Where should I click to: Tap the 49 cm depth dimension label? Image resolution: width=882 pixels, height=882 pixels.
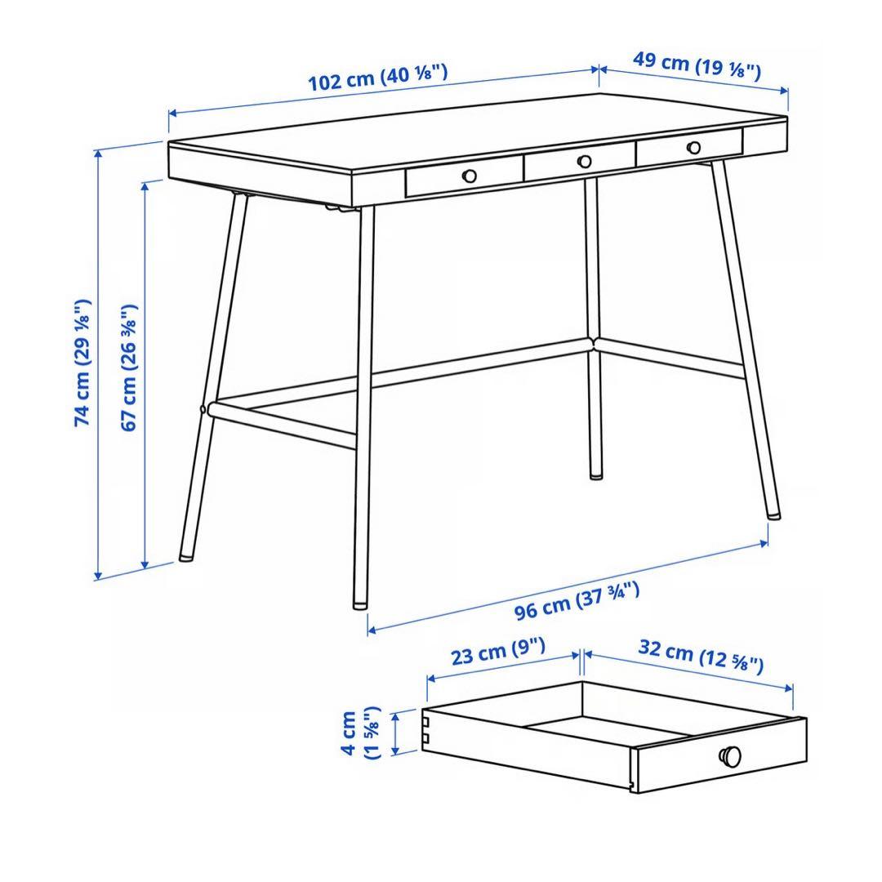[697, 66]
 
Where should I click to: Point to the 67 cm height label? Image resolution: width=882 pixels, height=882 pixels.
[128, 367]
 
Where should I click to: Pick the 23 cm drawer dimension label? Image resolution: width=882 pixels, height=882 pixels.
[497, 653]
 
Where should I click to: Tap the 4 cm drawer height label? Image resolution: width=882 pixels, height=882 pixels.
[359, 733]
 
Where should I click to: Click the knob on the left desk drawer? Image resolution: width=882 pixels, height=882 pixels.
[470, 176]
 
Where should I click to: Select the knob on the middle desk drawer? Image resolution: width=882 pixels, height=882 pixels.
[584, 162]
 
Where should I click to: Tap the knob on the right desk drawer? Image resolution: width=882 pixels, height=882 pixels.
[693, 148]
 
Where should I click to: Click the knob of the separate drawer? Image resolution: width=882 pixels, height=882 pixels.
[730, 757]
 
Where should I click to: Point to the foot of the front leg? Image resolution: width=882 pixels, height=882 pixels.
[359, 605]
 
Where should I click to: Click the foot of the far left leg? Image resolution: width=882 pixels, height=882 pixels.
[186, 557]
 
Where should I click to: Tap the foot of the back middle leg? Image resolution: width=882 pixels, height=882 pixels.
[595, 474]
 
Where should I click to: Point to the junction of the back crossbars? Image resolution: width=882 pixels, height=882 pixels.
[595, 344]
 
